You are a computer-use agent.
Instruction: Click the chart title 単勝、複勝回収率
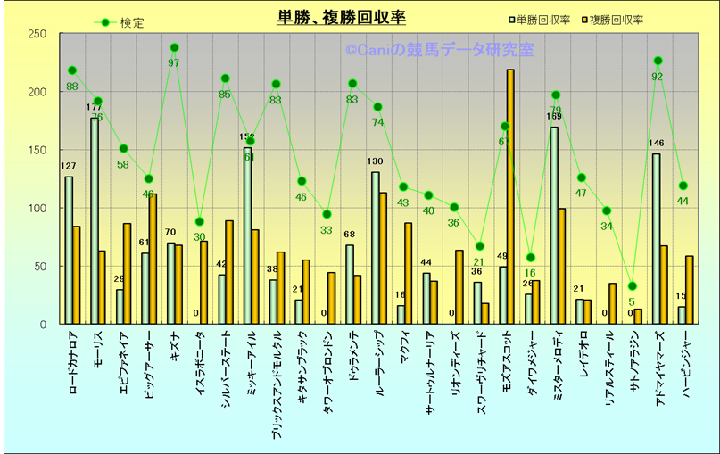coord(342,19)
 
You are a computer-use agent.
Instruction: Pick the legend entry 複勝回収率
coord(616,19)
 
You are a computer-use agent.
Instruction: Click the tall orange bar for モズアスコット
coord(510,196)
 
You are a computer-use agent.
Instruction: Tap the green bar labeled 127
coord(69,250)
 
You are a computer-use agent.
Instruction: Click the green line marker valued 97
coord(174,47)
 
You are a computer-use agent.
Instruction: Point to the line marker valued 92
coord(658,61)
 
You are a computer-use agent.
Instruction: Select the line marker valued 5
coord(632,286)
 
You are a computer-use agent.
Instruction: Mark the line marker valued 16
coord(531,258)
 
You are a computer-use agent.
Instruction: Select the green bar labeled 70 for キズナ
coord(171,283)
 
